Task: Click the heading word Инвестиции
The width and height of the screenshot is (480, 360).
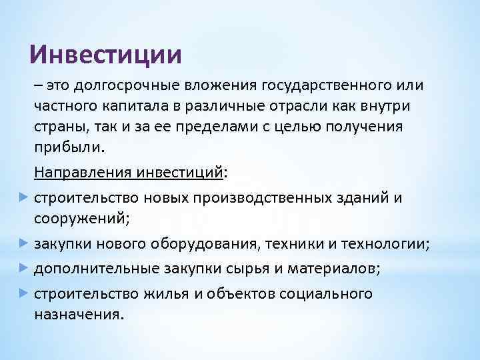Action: [x=106, y=54]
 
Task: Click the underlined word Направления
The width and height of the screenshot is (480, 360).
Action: [x=83, y=173]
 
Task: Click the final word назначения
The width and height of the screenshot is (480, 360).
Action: [x=78, y=314]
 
